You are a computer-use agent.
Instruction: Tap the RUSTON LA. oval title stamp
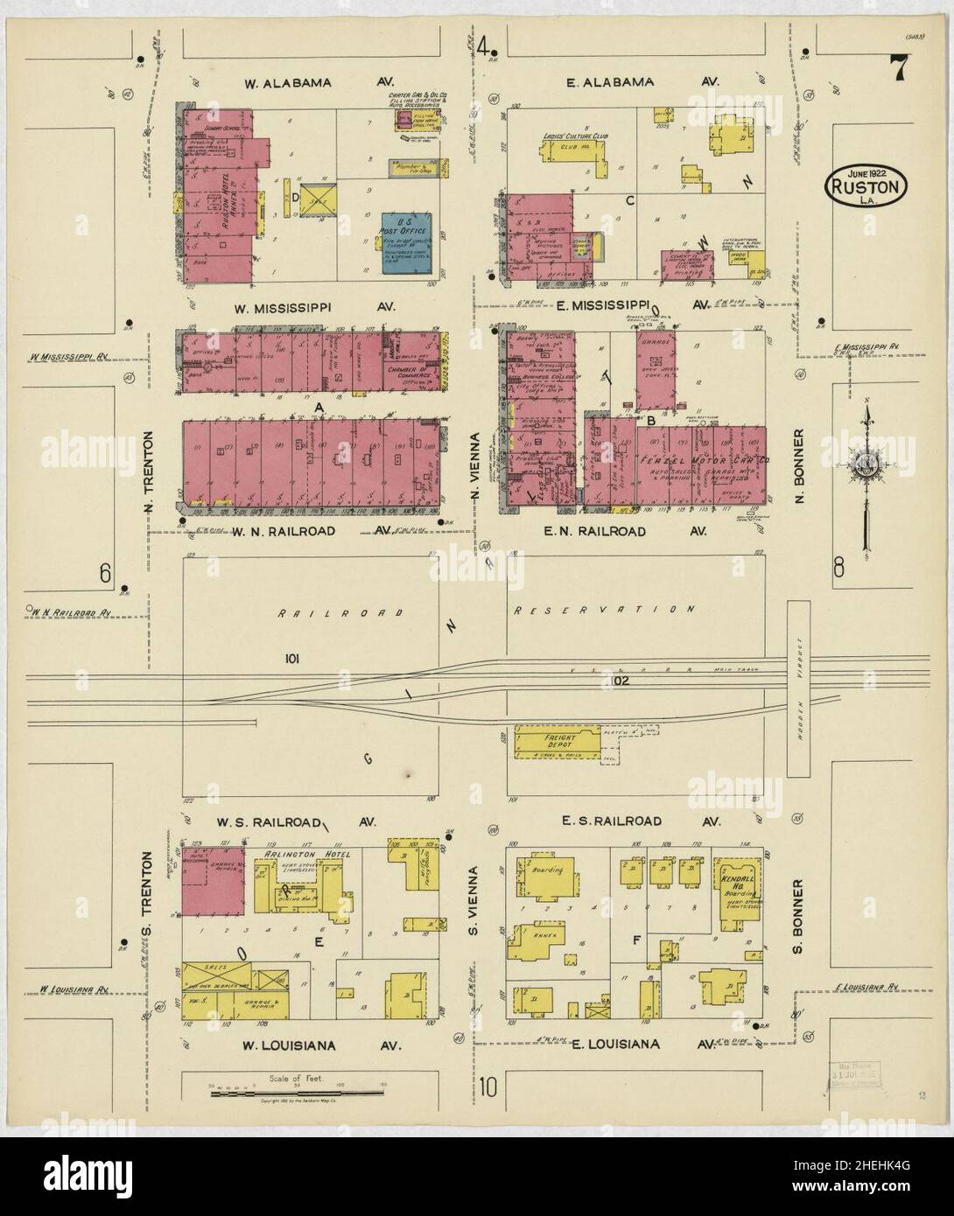click(x=868, y=186)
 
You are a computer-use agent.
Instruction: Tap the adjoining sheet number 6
click(x=106, y=573)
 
